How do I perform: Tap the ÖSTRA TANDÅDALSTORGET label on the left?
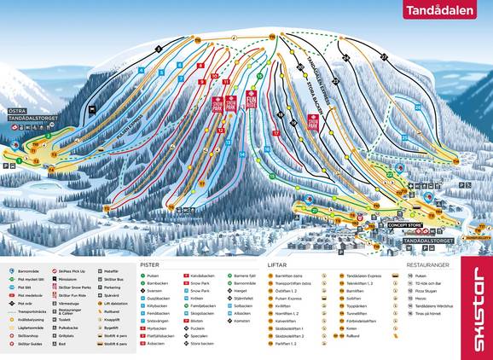27,114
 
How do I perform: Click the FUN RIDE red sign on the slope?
252,101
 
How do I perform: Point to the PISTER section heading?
149,265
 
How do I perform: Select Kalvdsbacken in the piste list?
203,276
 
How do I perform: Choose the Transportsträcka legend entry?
29,312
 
